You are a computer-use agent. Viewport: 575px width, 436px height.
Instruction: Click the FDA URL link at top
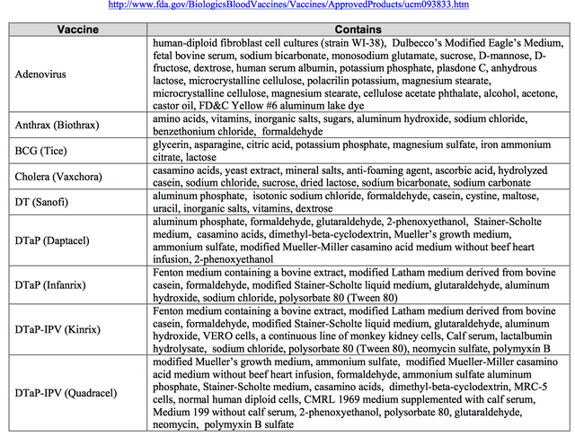point(287,5)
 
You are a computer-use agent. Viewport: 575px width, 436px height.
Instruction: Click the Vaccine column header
point(77,29)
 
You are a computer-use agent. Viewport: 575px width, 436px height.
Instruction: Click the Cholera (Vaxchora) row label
point(61,179)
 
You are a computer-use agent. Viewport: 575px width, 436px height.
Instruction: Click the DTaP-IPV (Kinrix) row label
point(60,329)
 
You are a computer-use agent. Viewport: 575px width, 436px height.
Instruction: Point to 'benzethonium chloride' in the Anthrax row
point(201,131)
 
